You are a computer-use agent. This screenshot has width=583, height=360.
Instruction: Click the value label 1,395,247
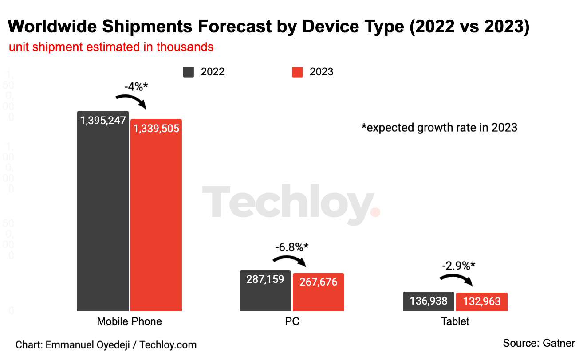103,120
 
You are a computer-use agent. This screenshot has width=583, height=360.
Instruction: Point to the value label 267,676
318,282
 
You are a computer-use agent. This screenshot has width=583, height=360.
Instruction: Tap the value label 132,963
481,302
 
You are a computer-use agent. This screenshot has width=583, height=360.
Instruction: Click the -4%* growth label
136,86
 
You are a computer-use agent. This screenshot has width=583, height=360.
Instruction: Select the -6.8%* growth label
291,247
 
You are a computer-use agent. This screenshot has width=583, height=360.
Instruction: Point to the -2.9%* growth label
458,266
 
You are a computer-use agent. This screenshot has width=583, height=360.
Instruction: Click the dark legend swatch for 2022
189,72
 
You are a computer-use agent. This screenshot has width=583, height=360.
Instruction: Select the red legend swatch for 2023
297,72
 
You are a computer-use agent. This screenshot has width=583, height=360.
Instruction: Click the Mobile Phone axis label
129,321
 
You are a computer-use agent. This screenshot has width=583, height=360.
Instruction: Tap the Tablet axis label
455,321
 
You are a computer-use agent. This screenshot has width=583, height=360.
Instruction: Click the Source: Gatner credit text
539,343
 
